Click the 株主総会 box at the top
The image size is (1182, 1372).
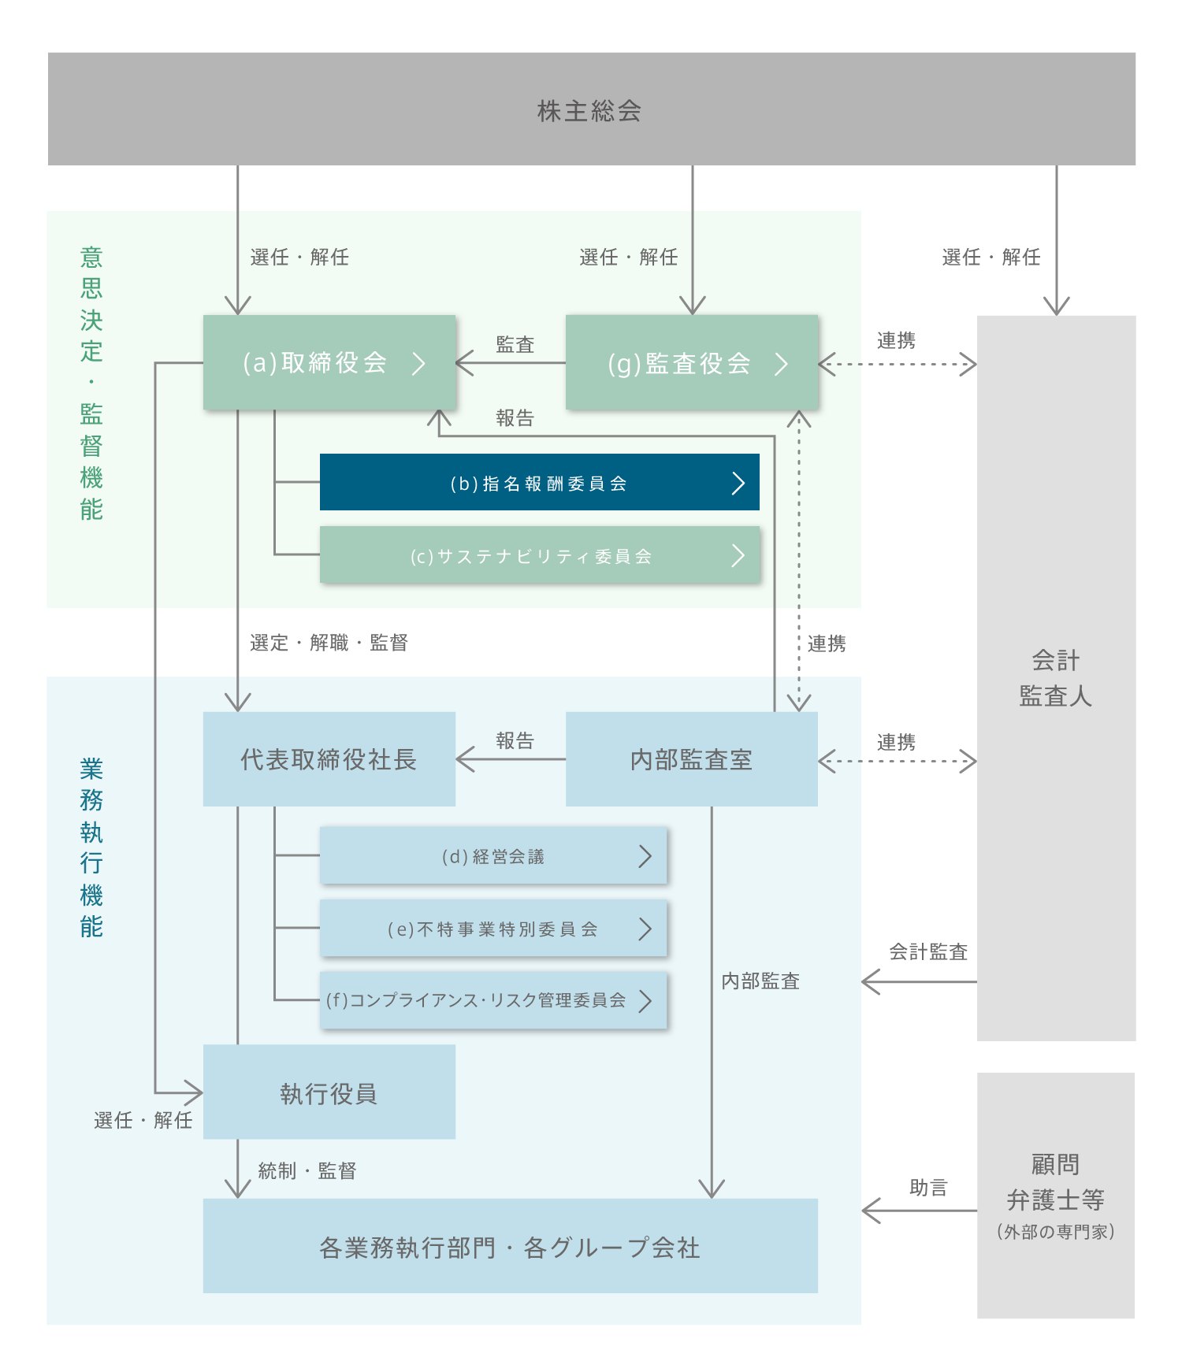(x=591, y=109)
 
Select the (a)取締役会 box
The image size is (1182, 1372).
(x=329, y=362)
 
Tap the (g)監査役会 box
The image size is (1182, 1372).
(x=691, y=363)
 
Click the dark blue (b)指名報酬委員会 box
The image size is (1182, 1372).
(x=539, y=483)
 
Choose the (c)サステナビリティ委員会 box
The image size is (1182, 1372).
(x=539, y=555)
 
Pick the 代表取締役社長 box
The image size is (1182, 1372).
(x=329, y=759)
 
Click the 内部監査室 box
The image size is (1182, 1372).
(x=691, y=759)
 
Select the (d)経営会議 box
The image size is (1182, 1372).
(x=493, y=856)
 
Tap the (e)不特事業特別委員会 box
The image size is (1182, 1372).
(x=493, y=929)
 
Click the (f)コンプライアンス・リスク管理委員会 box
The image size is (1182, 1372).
(x=493, y=1000)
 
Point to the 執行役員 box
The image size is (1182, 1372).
(x=329, y=1092)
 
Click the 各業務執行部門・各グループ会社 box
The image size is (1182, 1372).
(x=510, y=1247)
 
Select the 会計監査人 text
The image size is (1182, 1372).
(x=1056, y=678)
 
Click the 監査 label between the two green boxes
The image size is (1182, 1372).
(x=515, y=345)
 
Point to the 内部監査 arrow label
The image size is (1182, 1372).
(x=760, y=981)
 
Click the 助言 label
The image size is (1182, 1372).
(x=928, y=1188)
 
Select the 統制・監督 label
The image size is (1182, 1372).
(x=307, y=1171)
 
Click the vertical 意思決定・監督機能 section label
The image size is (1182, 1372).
(x=91, y=383)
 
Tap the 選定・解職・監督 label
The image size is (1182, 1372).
(x=329, y=643)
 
